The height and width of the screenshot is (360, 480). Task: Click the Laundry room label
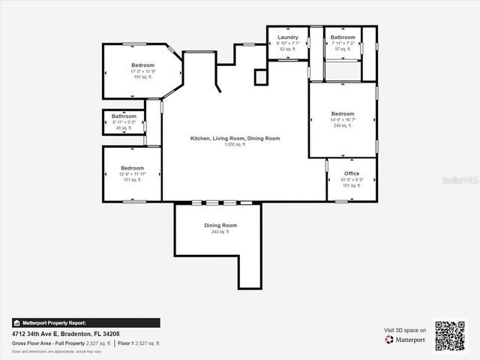click(288, 37)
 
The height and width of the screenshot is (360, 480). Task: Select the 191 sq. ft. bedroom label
click(142, 65)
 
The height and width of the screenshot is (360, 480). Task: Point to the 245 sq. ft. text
click(342, 125)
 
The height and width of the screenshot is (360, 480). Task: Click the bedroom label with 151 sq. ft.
click(132, 168)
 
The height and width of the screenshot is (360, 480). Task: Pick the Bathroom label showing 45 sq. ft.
click(124, 116)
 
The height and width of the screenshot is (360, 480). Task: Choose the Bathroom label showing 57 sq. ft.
click(343, 37)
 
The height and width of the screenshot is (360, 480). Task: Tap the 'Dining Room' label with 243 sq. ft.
click(220, 226)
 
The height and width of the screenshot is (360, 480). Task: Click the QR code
click(450, 335)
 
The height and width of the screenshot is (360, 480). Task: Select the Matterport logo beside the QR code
click(405, 340)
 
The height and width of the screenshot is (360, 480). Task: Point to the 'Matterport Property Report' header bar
click(85, 322)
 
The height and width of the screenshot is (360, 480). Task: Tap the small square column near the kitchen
click(260, 76)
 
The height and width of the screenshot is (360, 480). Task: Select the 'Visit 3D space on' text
click(405, 330)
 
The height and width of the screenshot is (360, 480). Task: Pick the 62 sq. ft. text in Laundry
click(288, 49)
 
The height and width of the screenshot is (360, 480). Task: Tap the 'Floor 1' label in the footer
click(127, 343)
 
